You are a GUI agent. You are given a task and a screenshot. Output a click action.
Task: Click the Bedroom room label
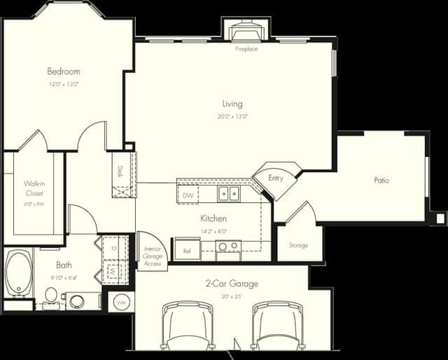point(63,71)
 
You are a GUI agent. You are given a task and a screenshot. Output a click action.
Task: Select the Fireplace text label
point(246,49)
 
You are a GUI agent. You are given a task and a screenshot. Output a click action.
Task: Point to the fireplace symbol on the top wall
point(246,32)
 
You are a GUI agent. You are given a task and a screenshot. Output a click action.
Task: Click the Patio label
point(381,180)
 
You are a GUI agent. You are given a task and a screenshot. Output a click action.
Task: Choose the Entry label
point(276,179)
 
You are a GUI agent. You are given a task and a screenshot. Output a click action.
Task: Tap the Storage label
point(299,245)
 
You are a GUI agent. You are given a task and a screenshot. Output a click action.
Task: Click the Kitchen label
point(213,219)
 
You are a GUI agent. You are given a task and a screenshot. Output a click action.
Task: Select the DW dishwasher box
point(188,195)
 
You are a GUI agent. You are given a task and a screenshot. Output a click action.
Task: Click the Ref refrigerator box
point(188,249)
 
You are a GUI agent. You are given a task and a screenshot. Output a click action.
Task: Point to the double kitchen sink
point(228,193)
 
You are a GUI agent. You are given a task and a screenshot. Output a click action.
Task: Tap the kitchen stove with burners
point(227,247)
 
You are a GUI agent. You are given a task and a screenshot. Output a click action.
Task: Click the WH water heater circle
point(120,303)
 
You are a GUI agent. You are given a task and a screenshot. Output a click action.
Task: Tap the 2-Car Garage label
point(231,284)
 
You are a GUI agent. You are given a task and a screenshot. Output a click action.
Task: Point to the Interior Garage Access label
point(153,256)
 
